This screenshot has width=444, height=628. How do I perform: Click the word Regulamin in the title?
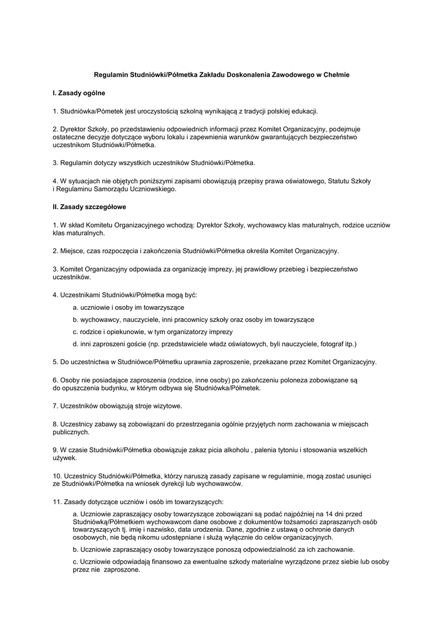click(x=110, y=74)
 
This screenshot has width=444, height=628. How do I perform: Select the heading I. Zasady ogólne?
click(x=79, y=93)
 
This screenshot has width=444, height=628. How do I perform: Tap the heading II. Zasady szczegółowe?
click(x=89, y=207)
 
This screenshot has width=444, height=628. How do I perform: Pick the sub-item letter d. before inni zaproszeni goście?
click(x=75, y=344)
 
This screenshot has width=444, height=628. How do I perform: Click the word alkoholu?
click(x=234, y=450)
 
